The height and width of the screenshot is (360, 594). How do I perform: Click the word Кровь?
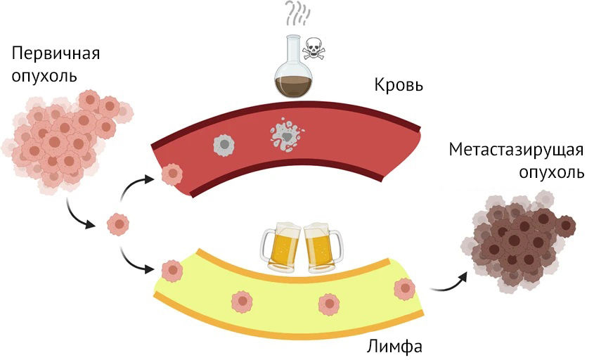399,85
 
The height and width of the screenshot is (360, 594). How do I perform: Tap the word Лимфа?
394,347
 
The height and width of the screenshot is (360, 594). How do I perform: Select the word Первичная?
56,54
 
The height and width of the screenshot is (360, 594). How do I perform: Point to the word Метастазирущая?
516,150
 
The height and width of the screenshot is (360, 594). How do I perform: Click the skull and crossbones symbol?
314,49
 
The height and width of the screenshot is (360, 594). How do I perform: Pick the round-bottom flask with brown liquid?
294,67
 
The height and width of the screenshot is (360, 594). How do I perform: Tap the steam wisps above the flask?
298,12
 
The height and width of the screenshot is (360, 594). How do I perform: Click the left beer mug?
281,247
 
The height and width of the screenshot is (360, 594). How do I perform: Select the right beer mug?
323,247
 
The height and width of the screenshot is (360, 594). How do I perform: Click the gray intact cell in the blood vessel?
224,145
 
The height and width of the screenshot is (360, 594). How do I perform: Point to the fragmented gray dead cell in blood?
287,135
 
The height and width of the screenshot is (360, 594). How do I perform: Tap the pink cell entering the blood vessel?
172,174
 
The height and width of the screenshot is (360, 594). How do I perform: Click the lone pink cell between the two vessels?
118,224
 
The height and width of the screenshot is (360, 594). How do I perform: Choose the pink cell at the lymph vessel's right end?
405,289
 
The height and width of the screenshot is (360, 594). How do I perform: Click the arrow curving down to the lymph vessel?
133,262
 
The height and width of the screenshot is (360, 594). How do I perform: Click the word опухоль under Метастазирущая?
551,173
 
